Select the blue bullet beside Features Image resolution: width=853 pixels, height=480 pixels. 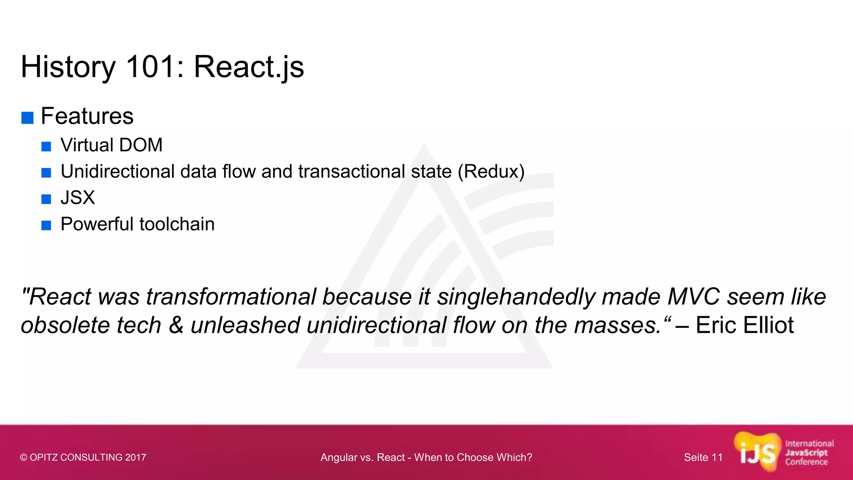pyautogui.click(x=27, y=118)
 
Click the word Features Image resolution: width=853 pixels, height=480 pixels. pyautogui.click(x=87, y=116)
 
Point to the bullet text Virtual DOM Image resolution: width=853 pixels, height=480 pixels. pyautogui.click(x=111, y=145)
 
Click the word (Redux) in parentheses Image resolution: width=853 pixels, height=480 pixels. pyautogui.click(x=491, y=172)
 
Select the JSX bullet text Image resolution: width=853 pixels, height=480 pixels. pyautogui.click(x=77, y=198)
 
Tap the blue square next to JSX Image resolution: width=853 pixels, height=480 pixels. pyautogui.click(x=46, y=199)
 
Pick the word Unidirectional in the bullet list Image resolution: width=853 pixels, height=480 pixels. pyautogui.click(x=117, y=172)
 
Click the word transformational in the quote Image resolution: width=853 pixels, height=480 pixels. pyautogui.click(x=231, y=297)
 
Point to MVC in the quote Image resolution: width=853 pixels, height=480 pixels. pyautogui.click(x=693, y=297)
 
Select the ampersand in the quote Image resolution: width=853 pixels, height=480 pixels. pyautogui.click(x=176, y=325)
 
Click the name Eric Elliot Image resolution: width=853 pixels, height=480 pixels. pyautogui.click(x=744, y=325)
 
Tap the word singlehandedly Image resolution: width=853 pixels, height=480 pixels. pyautogui.click(x=516, y=297)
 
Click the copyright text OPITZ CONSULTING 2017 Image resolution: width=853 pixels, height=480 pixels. pyautogui.click(x=83, y=457)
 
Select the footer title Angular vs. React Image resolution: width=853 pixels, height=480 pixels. pyautogui.click(x=426, y=457)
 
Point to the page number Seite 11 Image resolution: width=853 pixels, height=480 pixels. pyautogui.click(x=703, y=457)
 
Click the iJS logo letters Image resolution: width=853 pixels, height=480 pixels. pyautogui.click(x=757, y=453)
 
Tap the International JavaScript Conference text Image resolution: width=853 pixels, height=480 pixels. pyautogui.click(x=809, y=453)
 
